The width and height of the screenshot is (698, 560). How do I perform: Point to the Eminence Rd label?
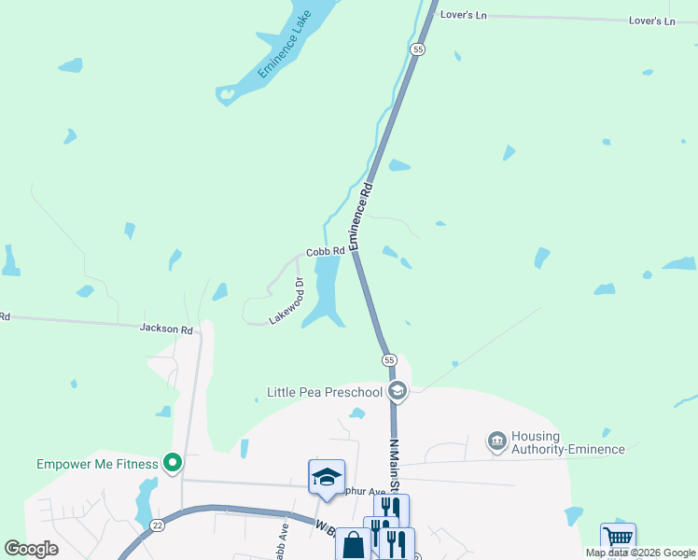pos(361,216)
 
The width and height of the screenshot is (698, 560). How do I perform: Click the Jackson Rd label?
pos(166,329)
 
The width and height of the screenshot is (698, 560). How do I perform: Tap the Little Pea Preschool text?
pos(325,392)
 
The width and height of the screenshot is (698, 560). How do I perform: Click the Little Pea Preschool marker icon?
pos(397,391)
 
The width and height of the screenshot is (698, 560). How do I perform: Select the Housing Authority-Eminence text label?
pos(567,442)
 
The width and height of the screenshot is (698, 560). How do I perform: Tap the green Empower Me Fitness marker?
pos(173,462)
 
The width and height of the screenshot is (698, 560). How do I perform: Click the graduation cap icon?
pos(327,477)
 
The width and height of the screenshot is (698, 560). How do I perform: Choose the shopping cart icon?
pos(618,539)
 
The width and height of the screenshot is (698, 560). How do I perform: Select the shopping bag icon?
pos(355,545)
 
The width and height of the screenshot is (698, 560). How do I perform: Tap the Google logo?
pos(32,549)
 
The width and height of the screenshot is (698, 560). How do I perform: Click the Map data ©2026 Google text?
pos(640,553)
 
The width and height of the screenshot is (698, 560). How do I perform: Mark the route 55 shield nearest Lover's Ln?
pos(417,49)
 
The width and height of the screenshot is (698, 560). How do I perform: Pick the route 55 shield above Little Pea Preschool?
pos(389,359)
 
